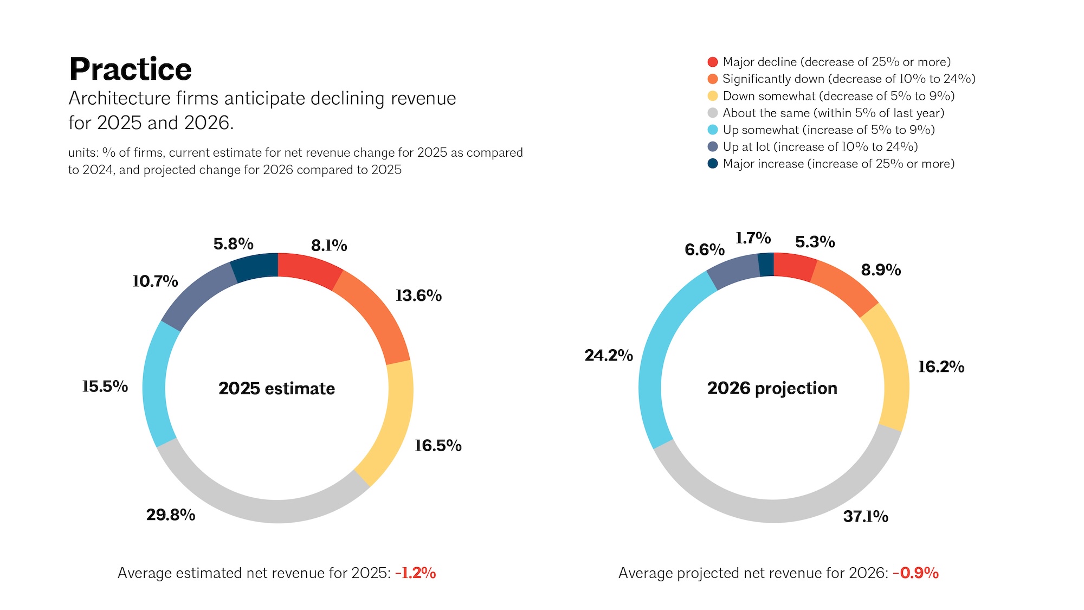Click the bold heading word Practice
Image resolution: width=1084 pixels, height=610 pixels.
pos(131,69)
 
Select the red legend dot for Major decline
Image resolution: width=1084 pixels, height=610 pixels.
pos(713,62)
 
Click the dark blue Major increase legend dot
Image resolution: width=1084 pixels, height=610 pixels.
pos(713,163)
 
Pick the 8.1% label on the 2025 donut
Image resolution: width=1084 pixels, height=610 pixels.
pos(329,246)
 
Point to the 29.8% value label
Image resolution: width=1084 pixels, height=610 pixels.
pos(171,515)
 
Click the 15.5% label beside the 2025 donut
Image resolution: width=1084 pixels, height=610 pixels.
pos(105,386)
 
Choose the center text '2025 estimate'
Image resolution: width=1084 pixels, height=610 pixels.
pos(277,388)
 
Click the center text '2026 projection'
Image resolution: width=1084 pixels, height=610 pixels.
pos(772,388)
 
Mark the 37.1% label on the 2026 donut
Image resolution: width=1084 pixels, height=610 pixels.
pos(866,516)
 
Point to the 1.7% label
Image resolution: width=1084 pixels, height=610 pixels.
pos(753,238)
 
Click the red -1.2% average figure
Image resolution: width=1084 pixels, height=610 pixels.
pos(416,573)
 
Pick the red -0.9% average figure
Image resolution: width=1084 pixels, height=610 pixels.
pos(916,573)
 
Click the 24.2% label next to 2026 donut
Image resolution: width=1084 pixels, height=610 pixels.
pos(609,355)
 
